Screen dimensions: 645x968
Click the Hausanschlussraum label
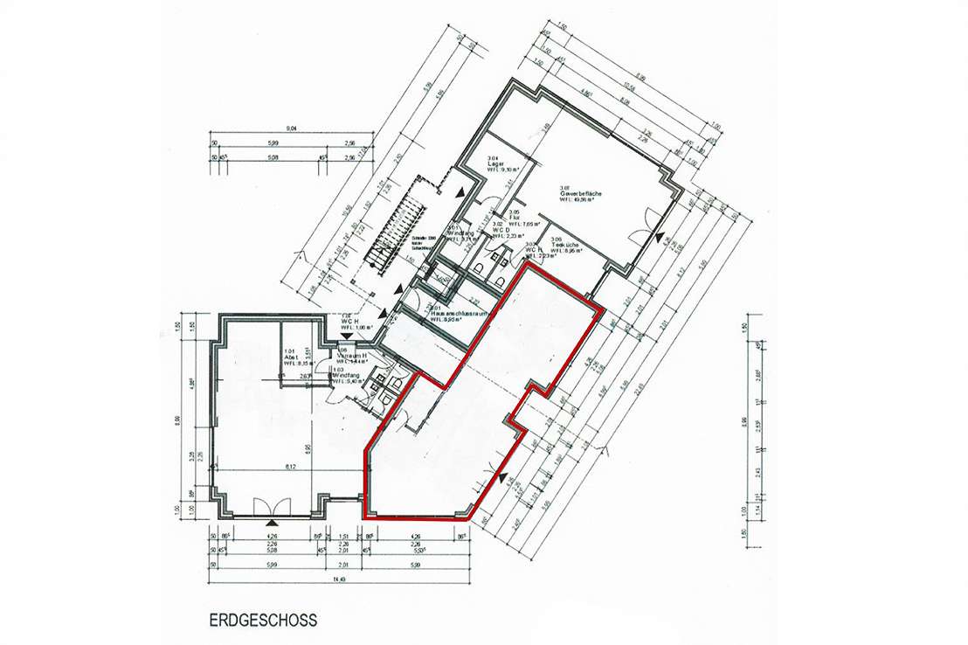click(452, 314)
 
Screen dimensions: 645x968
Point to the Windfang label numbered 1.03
click(349, 376)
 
